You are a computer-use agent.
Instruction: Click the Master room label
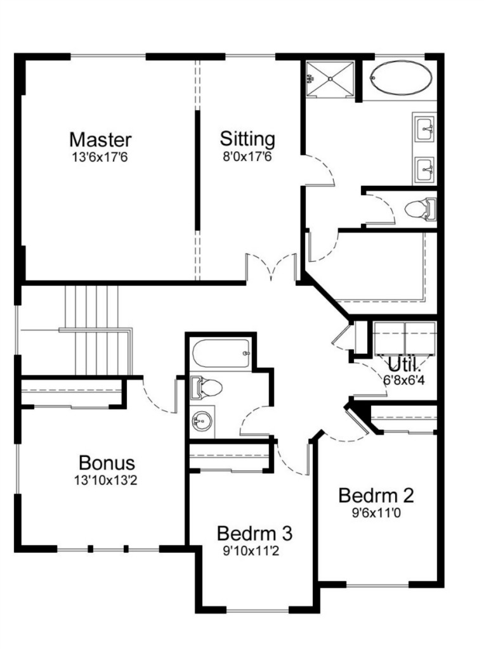click(100, 140)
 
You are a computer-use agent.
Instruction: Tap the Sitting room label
click(247, 139)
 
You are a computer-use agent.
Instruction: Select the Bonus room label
click(107, 463)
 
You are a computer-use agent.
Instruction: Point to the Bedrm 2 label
click(376, 496)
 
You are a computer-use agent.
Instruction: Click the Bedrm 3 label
click(254, 534)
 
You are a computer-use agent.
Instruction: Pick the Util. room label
click(404, 364)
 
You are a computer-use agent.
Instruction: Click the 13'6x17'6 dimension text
click(100, 158)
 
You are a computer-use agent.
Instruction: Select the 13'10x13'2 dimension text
click(105, 480)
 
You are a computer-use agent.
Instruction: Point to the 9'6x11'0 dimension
click(376, 513)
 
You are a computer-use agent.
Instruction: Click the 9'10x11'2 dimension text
click(251, 551)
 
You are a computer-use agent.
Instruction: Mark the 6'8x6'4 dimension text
click(404, 380)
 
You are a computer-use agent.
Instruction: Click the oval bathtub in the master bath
click(401, 78)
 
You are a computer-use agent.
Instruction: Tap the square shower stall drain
click(330, 79)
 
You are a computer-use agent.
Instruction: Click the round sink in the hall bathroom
click(202, 421)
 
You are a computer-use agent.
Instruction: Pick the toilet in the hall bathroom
click(206, 388)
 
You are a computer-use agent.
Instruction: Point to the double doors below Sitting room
click(271, 267)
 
